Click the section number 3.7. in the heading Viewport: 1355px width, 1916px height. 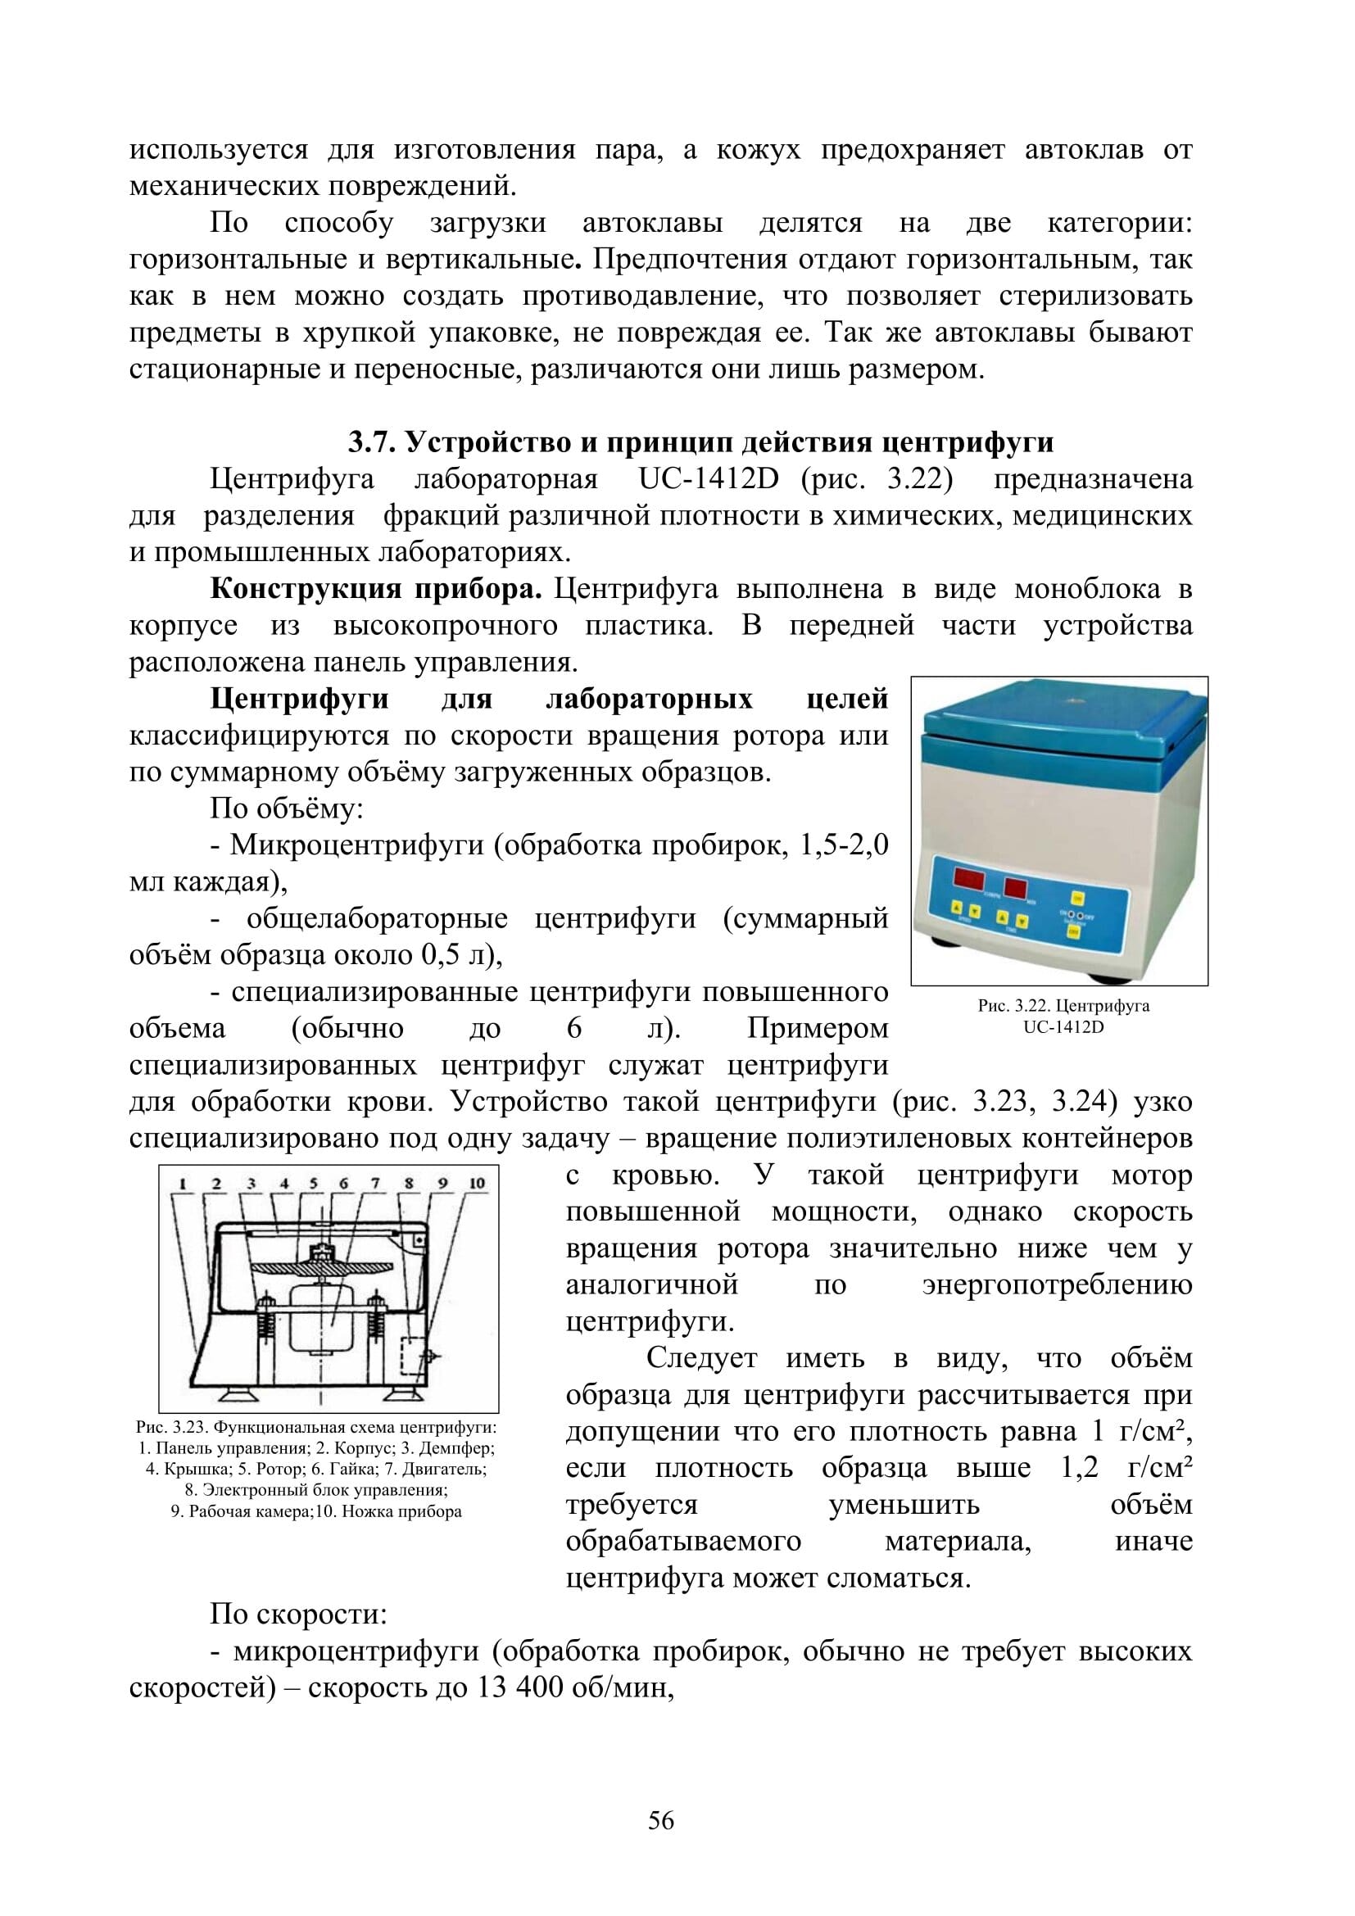click(x=372, y=442)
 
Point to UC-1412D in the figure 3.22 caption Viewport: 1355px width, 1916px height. click(x=1063, y=1027)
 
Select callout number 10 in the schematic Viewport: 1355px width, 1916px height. click(x=478, y=1184)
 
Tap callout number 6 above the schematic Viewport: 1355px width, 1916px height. click(x=343, y=1184)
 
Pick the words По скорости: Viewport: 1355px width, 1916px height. click(x=298, y=1615)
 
